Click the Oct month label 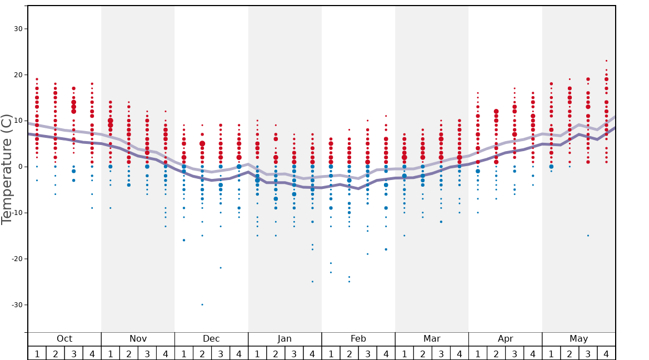pos(64,339)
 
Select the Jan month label pos(284,339)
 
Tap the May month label pos(578,339)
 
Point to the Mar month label pos(432,339)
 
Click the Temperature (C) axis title pos(7,169)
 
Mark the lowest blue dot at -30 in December pos(202,304)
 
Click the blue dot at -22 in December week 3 pos(221,268)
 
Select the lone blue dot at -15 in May pos(588,236)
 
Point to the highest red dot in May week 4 pos(606,61)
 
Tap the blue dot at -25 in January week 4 pos(312,282)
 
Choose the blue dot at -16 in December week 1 pos(184,240)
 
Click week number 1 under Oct pos(37,354)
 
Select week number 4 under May pos(606,354)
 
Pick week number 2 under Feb pos(349,354)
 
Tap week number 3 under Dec pos(221,354)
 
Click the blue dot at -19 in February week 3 pos(367,254)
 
